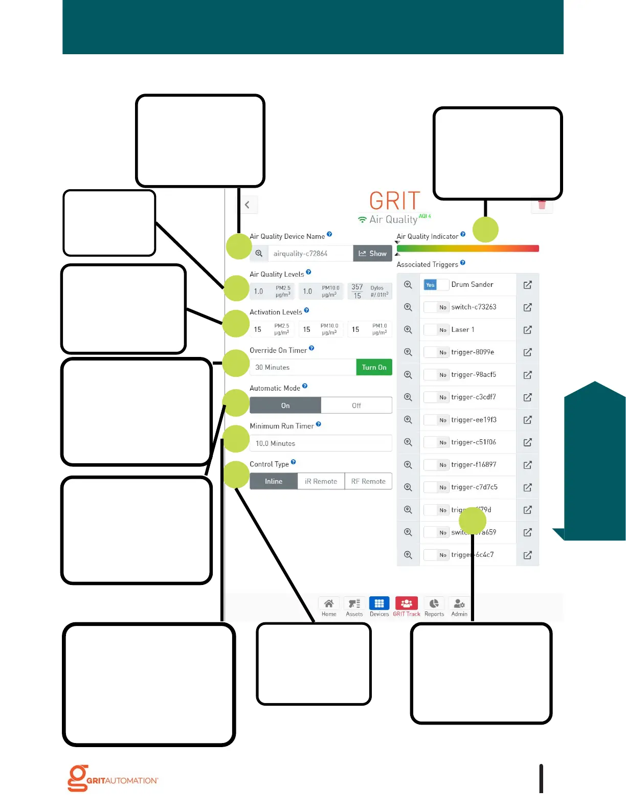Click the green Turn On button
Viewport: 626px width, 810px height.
[x=374, y=367]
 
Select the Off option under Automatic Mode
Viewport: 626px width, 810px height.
[x=356, y=406]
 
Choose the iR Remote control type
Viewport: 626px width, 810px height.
[x=321, y=481]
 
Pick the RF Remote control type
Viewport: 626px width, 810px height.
[x=368, y=481]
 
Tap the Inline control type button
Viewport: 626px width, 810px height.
[x=274, y=481]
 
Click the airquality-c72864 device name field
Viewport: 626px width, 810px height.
[x=310, y=254]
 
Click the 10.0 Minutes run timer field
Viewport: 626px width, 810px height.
[x=321, y=443]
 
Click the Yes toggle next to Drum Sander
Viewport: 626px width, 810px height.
[x=431, y=285]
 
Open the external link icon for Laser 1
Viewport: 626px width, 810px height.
[x=528, y=330]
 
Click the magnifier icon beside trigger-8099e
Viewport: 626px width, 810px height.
[x=408, y=352]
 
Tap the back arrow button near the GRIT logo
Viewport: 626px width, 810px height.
[x=248, y=205]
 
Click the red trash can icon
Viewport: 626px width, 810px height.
[x=542, y=206]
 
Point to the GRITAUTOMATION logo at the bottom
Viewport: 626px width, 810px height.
[x=113, y=778]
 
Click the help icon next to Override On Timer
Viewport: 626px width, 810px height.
[x=311, y=348]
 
